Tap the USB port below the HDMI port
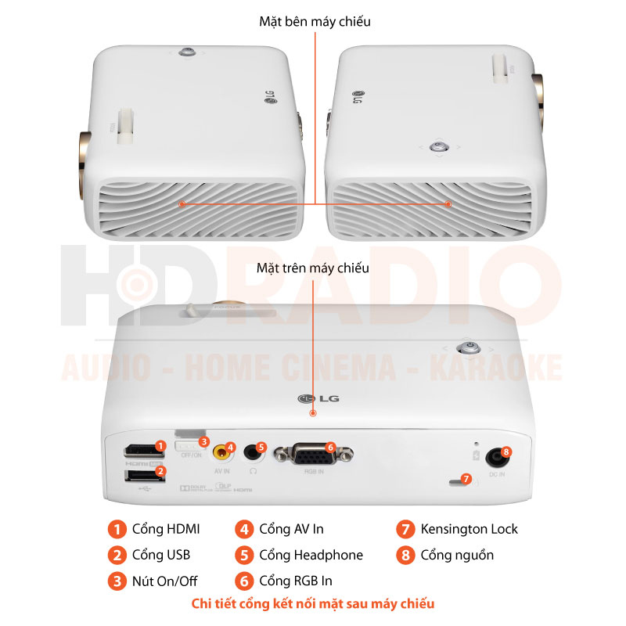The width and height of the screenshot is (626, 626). click(x=137, y=475)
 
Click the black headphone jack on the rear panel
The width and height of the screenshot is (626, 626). click(x=251, y=452)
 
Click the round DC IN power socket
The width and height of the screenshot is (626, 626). click(x=495, y=456)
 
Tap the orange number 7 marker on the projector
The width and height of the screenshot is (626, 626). click(x=466, y=478)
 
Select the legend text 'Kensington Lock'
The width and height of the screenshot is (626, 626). click(x=469, y=529)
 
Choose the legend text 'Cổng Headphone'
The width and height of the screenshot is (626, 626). click(x=311, y=555)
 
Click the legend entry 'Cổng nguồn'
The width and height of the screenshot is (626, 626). click(x=456, y=555)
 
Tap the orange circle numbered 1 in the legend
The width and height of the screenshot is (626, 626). click(x=117, y=529)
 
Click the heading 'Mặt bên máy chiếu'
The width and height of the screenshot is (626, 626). click(x=315, y=22)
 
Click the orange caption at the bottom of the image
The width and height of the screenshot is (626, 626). click(x=313, y=603)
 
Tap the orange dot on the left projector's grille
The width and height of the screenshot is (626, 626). click(x=182, y=203)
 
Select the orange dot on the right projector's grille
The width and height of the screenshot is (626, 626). click(x=448, y=203)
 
